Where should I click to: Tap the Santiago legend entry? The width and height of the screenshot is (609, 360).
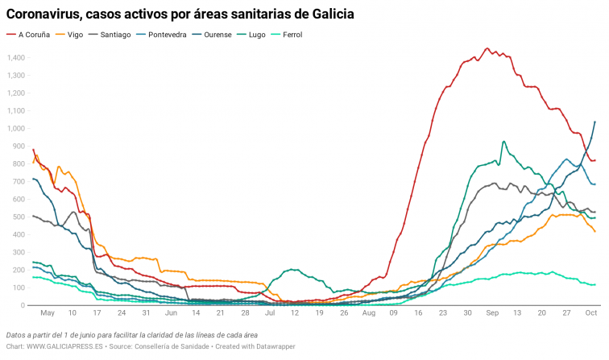tap(115, 35)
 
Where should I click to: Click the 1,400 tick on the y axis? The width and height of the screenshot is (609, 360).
tap(16, 57)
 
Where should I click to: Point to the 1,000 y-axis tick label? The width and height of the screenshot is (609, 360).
tap(16, 128)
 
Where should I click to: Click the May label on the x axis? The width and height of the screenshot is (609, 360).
tap(48, 312)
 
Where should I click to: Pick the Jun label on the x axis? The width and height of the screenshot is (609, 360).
tap(172, 312)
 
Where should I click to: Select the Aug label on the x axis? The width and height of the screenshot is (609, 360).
tap(368, 312)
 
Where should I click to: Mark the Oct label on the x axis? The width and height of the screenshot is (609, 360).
tap(591, 312)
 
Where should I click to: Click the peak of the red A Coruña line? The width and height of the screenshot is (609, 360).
tap(487, 48)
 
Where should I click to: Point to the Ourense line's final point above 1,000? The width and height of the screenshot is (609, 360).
tap(594, 122)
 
